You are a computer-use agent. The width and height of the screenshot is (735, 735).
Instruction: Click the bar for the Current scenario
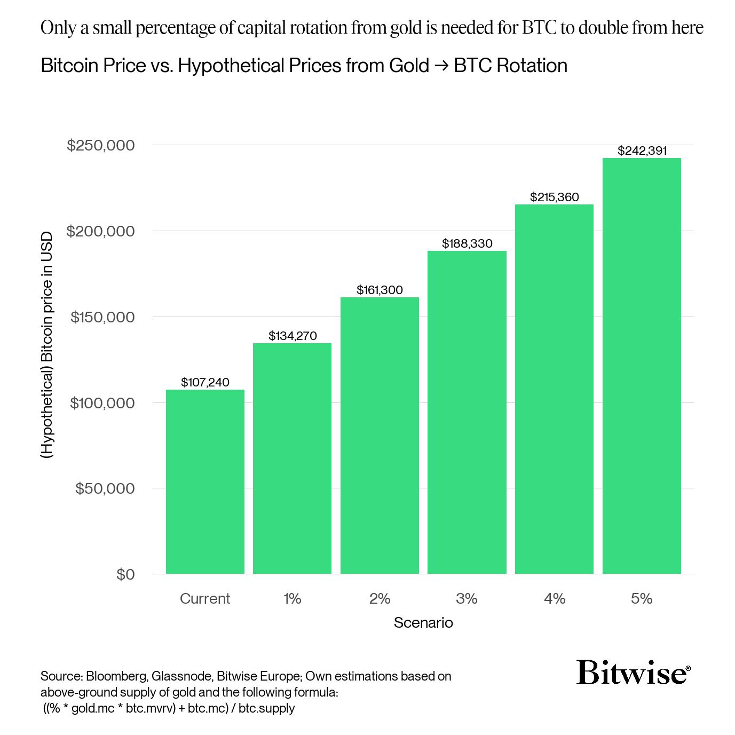coord(205,481)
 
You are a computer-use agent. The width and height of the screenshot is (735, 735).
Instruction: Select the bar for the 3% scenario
coord(467,412)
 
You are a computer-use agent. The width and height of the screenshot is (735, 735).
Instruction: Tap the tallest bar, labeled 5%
coord(642,366)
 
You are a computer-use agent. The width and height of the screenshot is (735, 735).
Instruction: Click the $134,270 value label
coord(292,336)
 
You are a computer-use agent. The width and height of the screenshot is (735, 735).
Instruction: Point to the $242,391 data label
coord(642,151)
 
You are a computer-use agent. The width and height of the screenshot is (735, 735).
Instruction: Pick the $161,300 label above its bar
coord(380,290)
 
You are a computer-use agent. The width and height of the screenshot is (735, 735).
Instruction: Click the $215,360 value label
coord(554,197)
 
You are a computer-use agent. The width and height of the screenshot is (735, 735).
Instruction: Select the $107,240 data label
coord(205,382)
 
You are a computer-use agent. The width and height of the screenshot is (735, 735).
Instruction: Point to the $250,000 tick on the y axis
coord(100,145)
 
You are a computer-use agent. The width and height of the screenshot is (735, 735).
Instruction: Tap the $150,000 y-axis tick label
coord(102,317)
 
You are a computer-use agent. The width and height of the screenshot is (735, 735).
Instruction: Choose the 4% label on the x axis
coord(554,598)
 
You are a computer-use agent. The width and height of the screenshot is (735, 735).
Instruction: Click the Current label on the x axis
coord(205,598)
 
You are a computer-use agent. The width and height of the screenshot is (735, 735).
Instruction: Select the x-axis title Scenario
coord(423,622)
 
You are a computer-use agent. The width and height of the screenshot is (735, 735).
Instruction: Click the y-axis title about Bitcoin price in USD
coord(48,345)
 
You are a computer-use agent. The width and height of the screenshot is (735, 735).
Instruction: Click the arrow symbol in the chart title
coord(441,66)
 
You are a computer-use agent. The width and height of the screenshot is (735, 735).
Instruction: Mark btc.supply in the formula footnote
coord(266,708)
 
